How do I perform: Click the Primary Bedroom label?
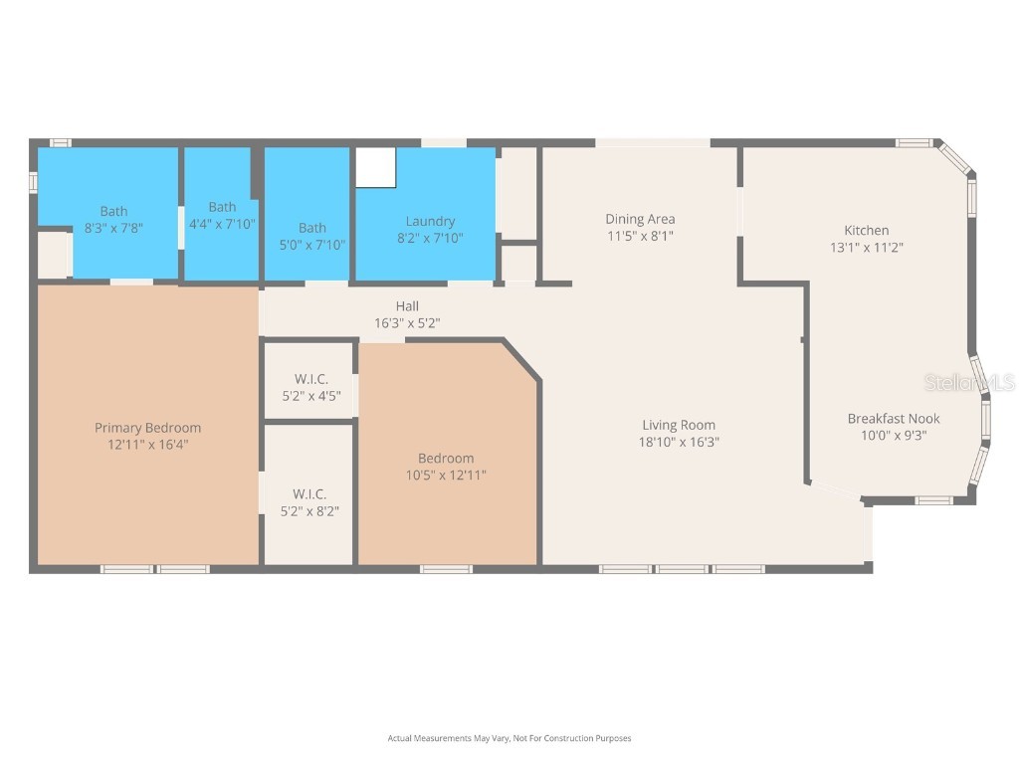(147, 428)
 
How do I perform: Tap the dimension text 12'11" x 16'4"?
(147, 445)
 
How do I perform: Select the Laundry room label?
(430, 221)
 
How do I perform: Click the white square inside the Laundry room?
(376, 167)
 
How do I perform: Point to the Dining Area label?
(640, 219)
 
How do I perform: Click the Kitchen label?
(866, 230)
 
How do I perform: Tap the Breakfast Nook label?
(893, 418)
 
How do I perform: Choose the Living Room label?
(679, 425)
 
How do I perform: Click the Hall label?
(407, 306)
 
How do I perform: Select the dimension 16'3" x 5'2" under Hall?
(407, 323)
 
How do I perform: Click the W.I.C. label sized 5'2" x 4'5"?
(310, 379)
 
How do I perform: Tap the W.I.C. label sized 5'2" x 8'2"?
(309, 493)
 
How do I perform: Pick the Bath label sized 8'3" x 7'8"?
(113, 211)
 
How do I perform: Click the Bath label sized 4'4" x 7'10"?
(222, 207)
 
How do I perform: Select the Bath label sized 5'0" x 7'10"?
(311, 228)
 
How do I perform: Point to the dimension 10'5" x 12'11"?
(446, 475)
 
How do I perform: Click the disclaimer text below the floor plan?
(509, 738)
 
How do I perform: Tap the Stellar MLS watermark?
(969, 382)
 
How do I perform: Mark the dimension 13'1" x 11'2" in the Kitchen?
(866, 247)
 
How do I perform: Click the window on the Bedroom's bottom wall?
(445, 569)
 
